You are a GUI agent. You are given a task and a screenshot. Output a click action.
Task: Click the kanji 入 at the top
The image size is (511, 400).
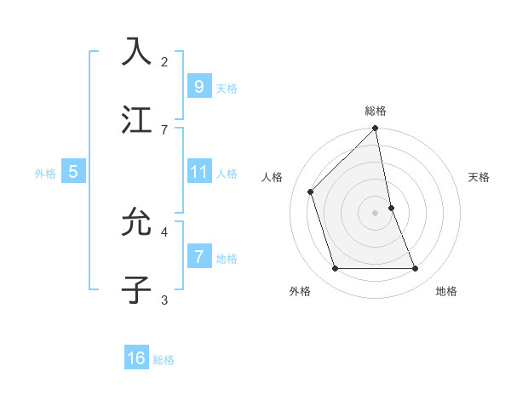(x=136, y=51)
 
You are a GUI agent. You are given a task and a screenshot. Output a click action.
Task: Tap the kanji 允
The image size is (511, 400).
(x=136, y=223)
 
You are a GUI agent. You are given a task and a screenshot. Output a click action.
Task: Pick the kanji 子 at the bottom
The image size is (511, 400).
(x=136, y=289)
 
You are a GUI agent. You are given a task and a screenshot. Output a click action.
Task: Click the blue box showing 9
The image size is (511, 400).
(x=198, y=87)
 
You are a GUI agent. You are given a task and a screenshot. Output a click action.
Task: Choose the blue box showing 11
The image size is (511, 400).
(x=198, y=172)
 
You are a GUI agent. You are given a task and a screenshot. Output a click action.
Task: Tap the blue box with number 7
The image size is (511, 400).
(x=198, y=257)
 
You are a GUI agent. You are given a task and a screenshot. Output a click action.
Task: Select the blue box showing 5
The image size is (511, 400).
(x=73, y=172)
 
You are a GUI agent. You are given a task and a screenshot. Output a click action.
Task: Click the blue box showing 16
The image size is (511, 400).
(x=136, y=358)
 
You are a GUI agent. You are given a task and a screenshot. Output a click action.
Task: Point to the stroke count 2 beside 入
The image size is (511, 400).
(x=164, y=61)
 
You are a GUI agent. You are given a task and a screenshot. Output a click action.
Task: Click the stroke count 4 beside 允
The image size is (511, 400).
(x=164, y=231)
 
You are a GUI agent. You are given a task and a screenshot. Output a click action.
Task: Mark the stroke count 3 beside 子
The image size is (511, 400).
(x=164, y=299)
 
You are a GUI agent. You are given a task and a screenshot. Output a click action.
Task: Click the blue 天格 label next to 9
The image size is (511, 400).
(x=227, y=89)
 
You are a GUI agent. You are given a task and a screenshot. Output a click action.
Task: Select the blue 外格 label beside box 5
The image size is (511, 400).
(x=45, y=174)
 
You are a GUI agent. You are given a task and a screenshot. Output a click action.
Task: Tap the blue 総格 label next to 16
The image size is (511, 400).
(x=164, y=360)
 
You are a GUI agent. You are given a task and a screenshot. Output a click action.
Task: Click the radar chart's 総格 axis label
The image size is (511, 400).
(x=376, y=111)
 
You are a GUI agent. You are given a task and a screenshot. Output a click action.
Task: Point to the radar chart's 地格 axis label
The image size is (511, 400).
(x=446, y=291)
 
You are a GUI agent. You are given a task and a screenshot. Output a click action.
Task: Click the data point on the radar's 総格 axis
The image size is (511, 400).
(x=376, y=129)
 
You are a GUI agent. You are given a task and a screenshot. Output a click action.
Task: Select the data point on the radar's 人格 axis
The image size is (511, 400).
(x=311, y=191)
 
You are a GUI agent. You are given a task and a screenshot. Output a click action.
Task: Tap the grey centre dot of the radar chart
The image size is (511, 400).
(x=376, y=213)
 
